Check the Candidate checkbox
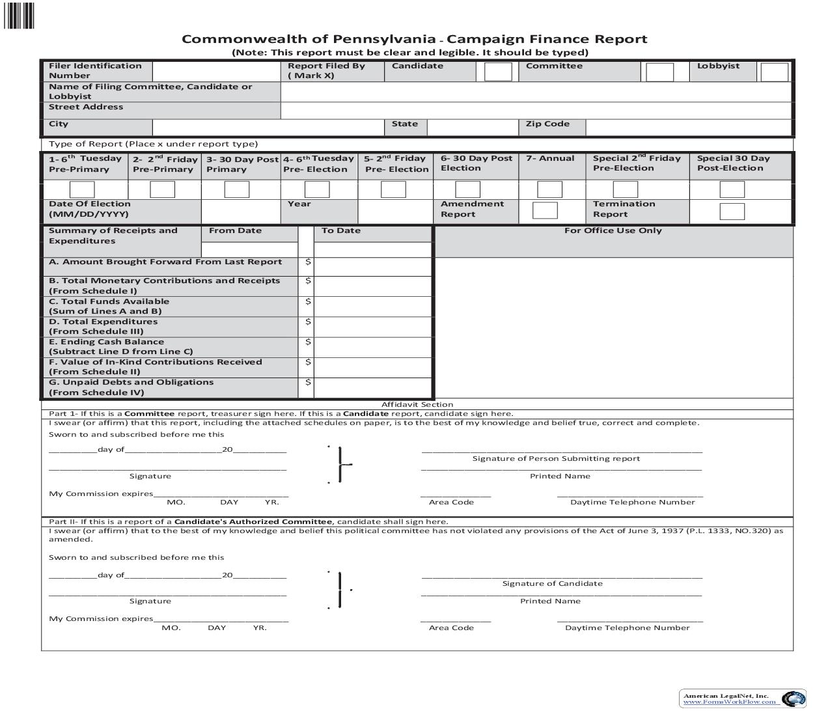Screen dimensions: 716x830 coord(498,72)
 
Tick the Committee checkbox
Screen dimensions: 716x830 coord(659,72)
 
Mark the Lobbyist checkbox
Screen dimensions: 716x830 coord(774,72)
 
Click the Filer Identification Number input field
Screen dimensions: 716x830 coord(216,71)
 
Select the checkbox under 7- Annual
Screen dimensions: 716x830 coord(549,189)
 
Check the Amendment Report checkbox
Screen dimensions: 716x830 coord(545,210)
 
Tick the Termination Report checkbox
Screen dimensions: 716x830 coord(732,212)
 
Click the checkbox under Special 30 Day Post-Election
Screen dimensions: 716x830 coord(732,189)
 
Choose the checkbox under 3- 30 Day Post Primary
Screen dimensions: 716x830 coord(237,189)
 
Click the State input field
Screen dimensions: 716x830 coord(472,127)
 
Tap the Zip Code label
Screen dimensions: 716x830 coord(547,124)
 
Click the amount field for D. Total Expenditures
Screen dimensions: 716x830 coord(372,327)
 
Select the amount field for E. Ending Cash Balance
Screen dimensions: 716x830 coord(372,347)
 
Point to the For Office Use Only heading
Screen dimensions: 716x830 coord(613,230)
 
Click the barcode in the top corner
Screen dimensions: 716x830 coord(20,16)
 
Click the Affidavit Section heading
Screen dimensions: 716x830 coord(417,404)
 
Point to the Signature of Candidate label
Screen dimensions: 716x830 coord(552,583)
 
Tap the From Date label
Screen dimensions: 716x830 coord(235,230)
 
